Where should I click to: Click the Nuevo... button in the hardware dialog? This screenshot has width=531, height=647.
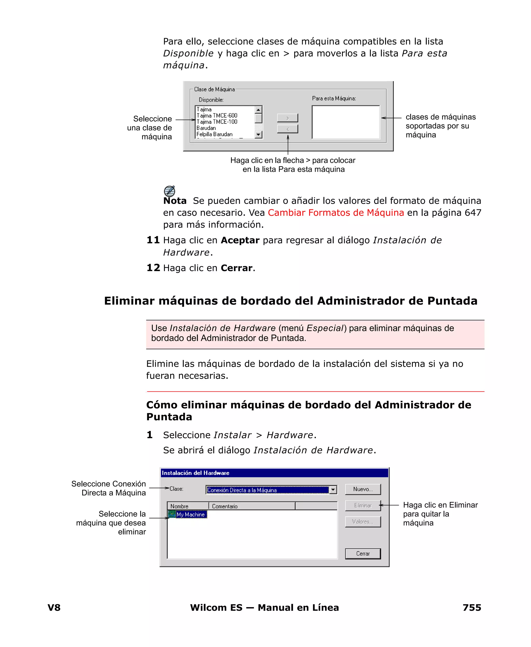click(x=363, y=489)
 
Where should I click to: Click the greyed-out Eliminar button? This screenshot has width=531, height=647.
click(x=363, y=506)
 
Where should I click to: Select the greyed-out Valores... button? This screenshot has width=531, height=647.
click(x=363, y=522)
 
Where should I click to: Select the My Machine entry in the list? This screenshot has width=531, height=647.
click(x=190, y=515)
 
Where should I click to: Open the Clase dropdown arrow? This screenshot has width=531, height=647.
click(x=333, y=490)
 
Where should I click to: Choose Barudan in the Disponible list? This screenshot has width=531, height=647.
click(x=206, y=128)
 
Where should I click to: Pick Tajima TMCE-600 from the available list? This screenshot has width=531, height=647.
click(x=217, y=116)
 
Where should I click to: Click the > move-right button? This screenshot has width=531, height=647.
click(x=288, y=118)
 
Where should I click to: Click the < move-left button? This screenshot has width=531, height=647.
click(x=288, y=129)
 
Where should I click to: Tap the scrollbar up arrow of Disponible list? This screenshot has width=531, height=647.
click(x=258, y=109)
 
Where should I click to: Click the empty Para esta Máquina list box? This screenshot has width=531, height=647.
click(x=346, y=122)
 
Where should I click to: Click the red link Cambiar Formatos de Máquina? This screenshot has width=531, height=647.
click(x=336, y=212)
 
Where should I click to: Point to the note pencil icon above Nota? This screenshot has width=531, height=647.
click(x=170, y=191)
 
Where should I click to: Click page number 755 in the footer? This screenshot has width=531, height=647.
click(x=472, y=607)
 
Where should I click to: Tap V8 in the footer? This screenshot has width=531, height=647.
click(x=54, y=607)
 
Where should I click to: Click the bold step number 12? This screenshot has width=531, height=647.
click(x=153, y=268)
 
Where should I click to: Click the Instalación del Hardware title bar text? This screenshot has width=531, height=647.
click(x=195, y=473)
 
